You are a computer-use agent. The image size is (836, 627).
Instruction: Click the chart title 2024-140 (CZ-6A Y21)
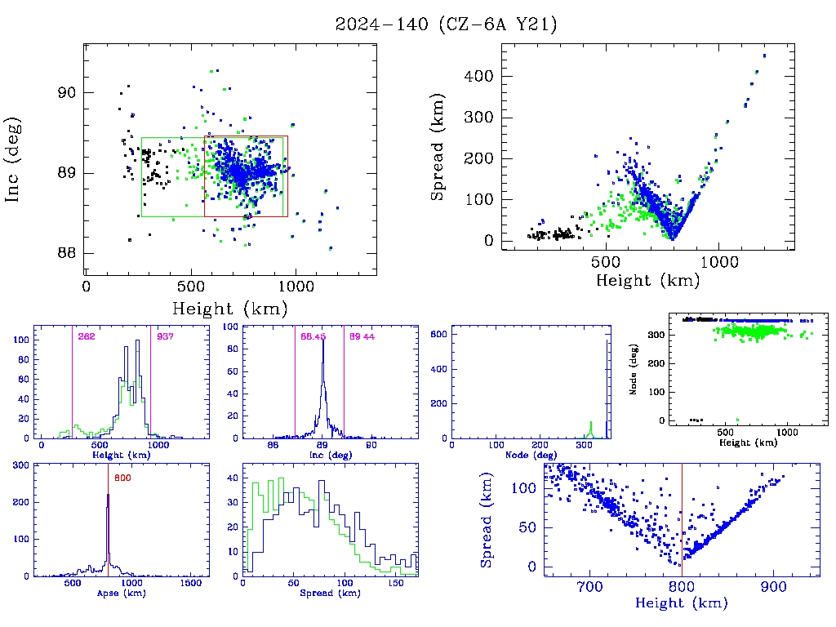click(446, 24)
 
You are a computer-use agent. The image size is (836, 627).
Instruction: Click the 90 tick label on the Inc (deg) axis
click(67, 93)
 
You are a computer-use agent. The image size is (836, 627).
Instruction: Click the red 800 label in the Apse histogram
click(122, 478)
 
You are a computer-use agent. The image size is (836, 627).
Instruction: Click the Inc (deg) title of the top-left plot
click(14, 160)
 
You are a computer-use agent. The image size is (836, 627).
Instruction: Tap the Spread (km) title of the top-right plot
click(438, 162)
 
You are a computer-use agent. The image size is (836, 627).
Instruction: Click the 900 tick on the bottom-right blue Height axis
click(772, 585)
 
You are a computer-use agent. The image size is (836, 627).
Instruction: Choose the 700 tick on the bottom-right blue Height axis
click(589, 585)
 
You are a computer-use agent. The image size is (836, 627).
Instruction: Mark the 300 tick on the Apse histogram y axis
click(20, 465)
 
